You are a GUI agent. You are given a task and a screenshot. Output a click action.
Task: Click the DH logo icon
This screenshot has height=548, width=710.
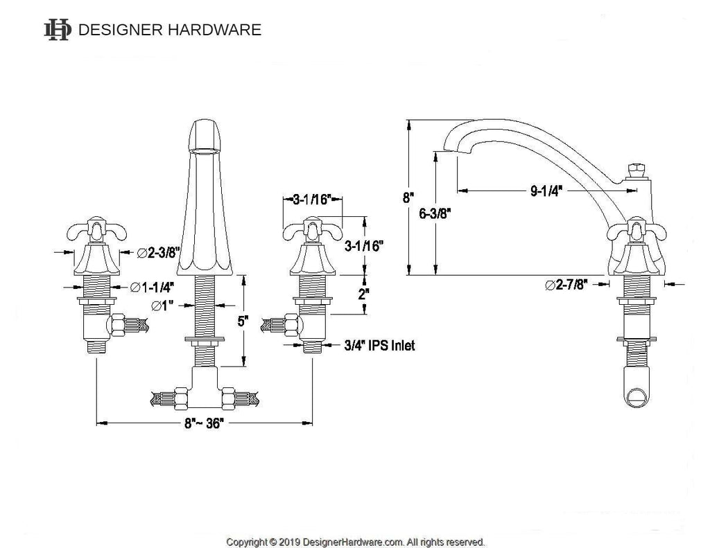click(x=58, y=30)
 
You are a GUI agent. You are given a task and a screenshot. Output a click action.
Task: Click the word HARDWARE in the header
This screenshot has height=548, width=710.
click(x=215, y=30)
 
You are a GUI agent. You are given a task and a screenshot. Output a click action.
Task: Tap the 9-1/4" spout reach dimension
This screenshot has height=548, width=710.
click(x=546, y=191)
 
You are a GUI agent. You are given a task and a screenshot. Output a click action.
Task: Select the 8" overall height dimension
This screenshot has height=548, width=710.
click(x=409, y=197)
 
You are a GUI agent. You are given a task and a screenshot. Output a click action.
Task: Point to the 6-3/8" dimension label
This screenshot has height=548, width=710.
click(x=435, y=213)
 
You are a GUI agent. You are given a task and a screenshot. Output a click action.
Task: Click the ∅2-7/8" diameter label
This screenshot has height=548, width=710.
click(x=566, y=285)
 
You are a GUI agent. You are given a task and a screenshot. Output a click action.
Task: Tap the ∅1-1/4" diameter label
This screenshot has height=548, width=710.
click(x=152, y=287)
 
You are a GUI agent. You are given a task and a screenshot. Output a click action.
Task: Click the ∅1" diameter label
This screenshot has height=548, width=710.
click(x=162, y=306)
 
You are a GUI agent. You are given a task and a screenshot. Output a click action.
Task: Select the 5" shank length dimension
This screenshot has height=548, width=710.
click(x=243, y=321)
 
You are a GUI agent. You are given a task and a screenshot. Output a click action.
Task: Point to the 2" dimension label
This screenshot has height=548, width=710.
click(x=363, y=294)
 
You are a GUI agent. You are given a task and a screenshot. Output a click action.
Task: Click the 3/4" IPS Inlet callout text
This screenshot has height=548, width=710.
click(x=379, y=346)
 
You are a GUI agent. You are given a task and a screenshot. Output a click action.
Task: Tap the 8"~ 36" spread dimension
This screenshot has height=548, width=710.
click(x=204, y=423)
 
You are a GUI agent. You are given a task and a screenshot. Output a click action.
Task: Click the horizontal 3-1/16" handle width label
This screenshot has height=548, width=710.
click(x=313, y=199)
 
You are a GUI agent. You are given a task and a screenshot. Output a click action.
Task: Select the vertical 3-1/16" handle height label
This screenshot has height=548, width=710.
click(x=364, y=246)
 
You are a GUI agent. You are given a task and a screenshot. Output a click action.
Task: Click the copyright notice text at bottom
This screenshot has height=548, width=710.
click(x=355, y=542)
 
